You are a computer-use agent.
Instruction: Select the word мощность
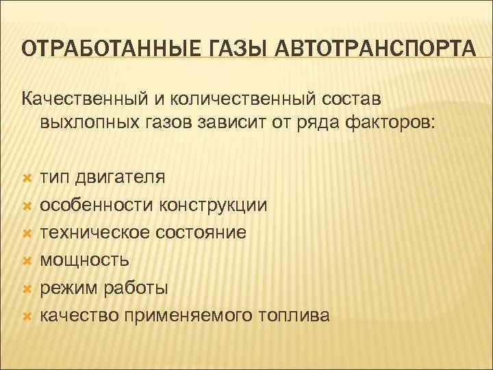[84, 260]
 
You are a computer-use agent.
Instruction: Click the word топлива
[295, 315]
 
